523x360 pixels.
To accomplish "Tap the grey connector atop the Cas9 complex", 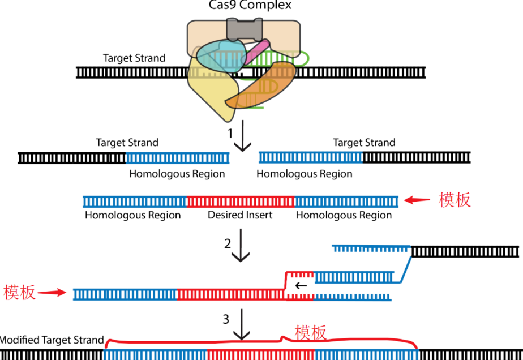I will click(243, 28).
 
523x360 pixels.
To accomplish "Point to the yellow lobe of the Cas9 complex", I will click(212, 93).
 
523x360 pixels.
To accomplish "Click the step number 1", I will click(230, 134).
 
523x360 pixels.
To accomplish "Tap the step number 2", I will click(228, 243).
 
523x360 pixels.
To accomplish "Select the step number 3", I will click(226, 319).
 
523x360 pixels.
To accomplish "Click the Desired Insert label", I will click(240, 215).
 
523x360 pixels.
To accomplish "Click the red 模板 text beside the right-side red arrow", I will click(455, 200).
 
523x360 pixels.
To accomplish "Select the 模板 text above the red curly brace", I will click(311, 333).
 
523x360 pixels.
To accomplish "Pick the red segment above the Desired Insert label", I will click(240, 201).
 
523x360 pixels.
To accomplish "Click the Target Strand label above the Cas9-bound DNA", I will click(134, 58).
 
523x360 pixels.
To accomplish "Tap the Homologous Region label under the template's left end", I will click(132, 215).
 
